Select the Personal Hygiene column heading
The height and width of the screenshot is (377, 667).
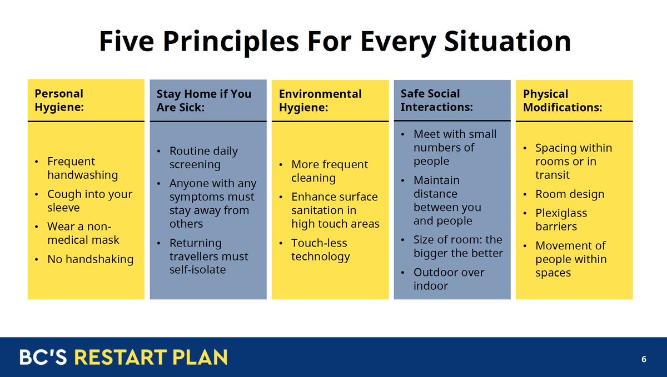[59, 100]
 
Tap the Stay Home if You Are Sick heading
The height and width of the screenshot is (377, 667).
[203, 100]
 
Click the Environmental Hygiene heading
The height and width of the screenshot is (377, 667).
[320, 100]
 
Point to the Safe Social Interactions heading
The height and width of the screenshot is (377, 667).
[436, 100]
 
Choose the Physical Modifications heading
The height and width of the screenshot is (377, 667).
[562, 100]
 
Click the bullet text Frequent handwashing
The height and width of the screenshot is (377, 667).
[82, 168]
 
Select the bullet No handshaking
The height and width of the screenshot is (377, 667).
[90, 259]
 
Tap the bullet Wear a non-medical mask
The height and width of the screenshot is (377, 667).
[83, 233]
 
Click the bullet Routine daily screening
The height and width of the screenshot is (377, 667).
[203, 158]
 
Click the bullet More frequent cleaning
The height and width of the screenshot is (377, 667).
[329, 171]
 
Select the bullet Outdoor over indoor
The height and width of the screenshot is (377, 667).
[448, 279]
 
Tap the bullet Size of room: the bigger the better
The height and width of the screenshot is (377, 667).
[457, 247]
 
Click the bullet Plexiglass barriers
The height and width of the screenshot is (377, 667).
[560, 220]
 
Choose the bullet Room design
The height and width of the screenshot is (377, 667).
[569, 194]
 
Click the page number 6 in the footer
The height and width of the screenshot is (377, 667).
[644, 359]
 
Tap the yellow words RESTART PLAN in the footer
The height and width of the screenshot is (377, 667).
[151, 357]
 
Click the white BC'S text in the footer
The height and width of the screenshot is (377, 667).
[43, 357]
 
